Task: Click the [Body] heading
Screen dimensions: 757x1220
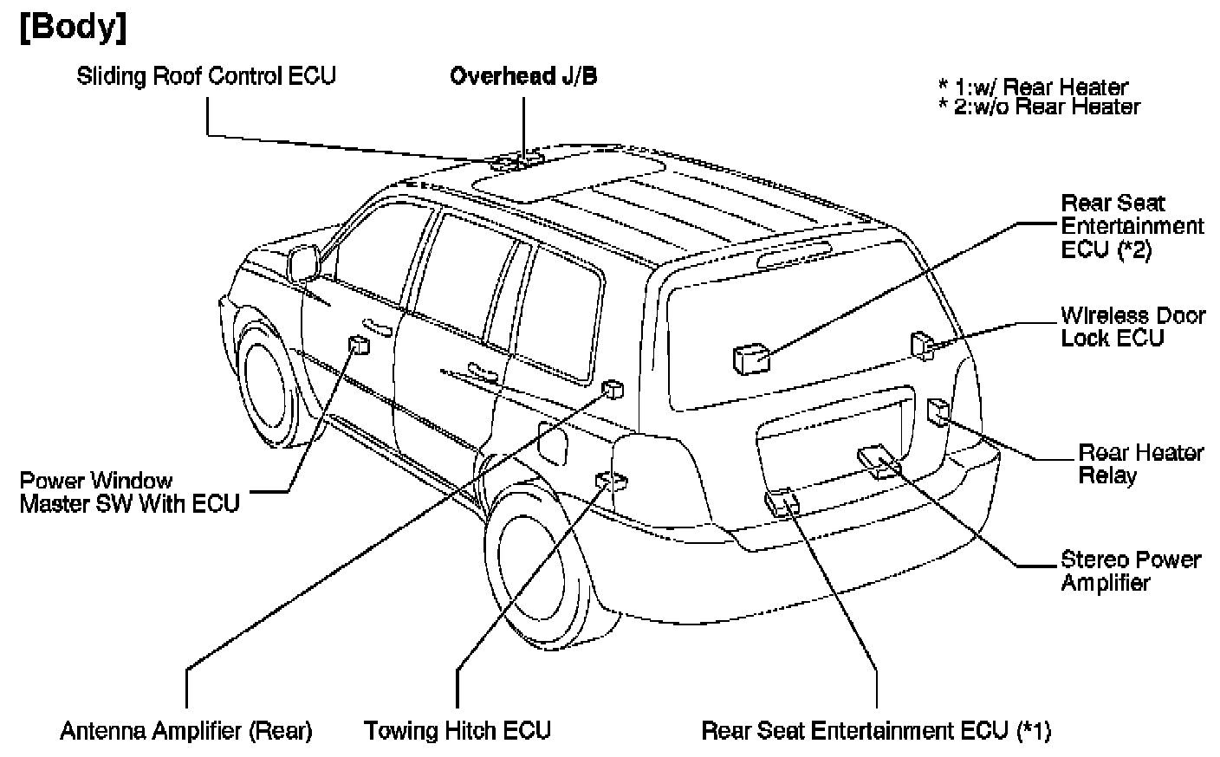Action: click(x=73, y=27)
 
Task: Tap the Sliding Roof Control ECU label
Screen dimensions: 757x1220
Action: click(x=206, y=76)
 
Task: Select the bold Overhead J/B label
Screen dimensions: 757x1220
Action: click(x=523, y=76)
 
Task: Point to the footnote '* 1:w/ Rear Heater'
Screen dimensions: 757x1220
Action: click(x=1033, y=87)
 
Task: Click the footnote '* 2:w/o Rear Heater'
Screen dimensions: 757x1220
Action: click(x=1039, y=107)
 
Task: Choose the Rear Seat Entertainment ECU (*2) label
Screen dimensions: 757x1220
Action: click(x=1132, y=226)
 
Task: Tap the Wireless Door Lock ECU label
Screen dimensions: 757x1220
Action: click(x=1132, y=327)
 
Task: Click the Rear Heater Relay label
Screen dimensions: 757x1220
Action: click(x=1140, y=463)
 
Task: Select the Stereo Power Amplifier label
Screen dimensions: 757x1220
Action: click(x=1130, y=571)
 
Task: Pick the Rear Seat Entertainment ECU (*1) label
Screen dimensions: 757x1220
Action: click(x=876, y=731)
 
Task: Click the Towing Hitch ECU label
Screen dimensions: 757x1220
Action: click(x=457, y=731)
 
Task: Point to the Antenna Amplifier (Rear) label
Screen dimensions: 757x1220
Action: click(x=186, y=731)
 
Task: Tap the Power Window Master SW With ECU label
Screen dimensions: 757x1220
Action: click(x=129, y=492)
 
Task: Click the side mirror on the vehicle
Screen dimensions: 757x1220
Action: click(x=303, y=262)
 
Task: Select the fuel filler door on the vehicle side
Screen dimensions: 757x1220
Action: click(x=552, y=442)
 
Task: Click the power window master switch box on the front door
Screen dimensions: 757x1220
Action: click(x=359, y=346)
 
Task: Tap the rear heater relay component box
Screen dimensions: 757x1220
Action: click(x=939, y=411)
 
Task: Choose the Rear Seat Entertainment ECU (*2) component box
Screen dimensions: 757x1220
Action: click(x=750, y=357)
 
